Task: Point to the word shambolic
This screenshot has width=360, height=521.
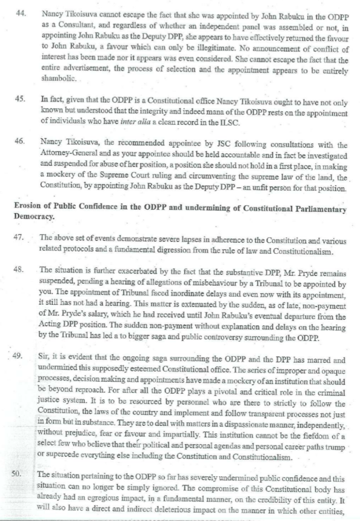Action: pos(58,80)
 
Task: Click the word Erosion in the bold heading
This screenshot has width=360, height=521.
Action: pos(28,210)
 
